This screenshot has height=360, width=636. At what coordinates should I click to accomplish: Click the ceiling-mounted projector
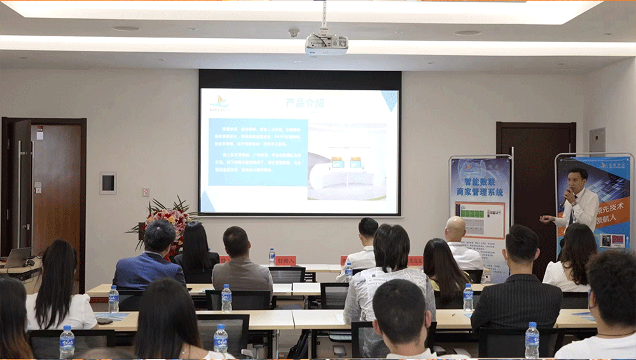coord(326,43)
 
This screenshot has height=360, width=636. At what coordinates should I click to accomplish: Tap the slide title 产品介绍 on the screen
coord(305,102)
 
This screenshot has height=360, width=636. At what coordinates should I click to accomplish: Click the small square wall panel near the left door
coord(107,183)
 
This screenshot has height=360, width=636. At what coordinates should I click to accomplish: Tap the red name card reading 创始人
coord(286,260)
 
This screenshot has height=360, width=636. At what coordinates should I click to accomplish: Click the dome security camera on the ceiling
coord(294,32)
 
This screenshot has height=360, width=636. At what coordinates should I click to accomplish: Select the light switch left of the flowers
coord(146,192)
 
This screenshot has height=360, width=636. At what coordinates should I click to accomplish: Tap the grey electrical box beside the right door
coord(597,140)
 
